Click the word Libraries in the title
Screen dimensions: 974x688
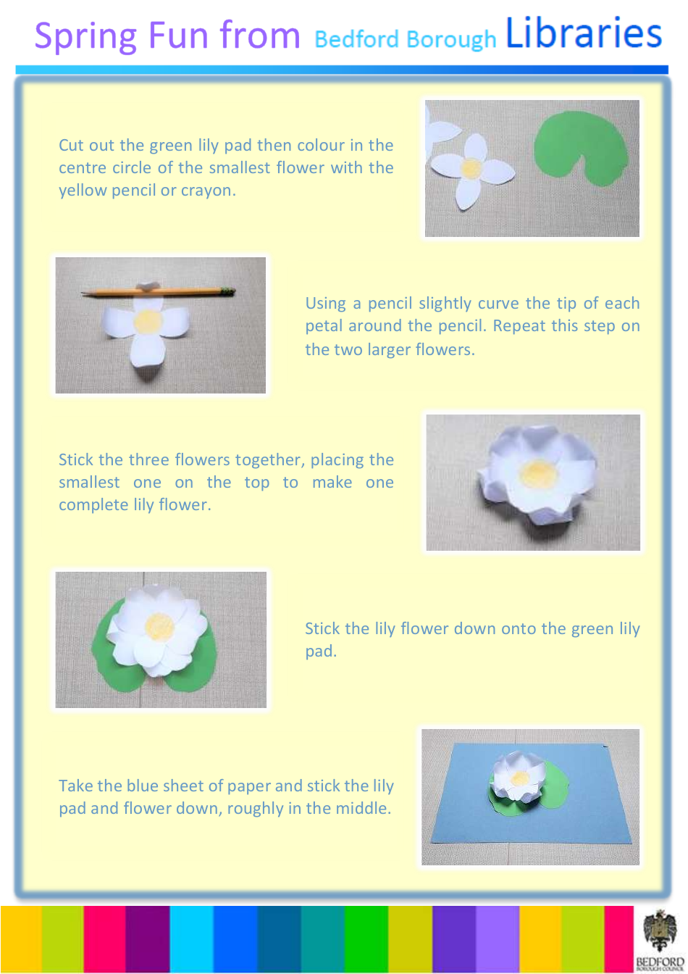tap(584, 34)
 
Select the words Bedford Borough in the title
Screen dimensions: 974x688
tap(406, 38)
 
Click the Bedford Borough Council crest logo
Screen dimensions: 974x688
tap(658, 934)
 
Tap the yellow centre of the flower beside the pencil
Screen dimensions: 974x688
tap(148, 320)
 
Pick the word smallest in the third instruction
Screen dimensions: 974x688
tap(89, 483)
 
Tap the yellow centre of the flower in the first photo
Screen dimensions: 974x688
tap(471, 168)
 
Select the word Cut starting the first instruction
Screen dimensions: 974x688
tap(70, 145)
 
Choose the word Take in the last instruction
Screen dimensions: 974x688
tap(75, 786)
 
